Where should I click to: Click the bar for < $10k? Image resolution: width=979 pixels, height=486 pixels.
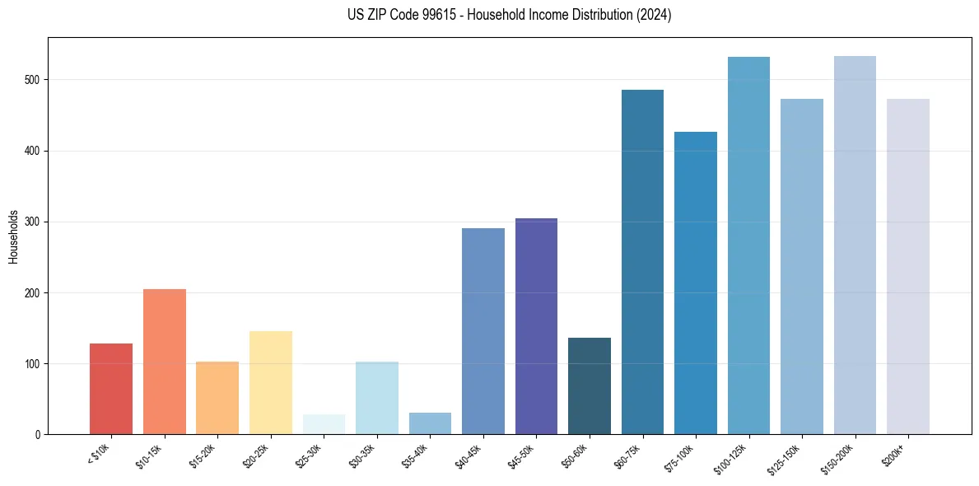coord(110,389)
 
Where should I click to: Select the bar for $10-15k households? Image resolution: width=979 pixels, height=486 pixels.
coord(164,362)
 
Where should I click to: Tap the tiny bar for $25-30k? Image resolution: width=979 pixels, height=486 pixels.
coord(324,425)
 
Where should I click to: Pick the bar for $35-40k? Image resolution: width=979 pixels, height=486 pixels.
coord(430,423)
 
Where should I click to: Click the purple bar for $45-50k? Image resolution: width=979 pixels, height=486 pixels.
coord(536,326)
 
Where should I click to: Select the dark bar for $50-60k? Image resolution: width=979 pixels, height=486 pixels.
coord(590,386)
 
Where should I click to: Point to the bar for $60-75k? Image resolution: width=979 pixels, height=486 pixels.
coord(642,262)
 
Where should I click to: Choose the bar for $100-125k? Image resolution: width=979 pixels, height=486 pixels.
coord(748,245)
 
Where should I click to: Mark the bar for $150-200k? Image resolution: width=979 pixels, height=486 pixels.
coord(855,245)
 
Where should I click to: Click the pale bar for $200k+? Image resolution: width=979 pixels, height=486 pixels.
coord(908,267)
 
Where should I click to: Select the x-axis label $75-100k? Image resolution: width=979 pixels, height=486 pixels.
coord(681,456)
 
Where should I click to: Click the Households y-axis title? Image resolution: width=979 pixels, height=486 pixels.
coord(14,236)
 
